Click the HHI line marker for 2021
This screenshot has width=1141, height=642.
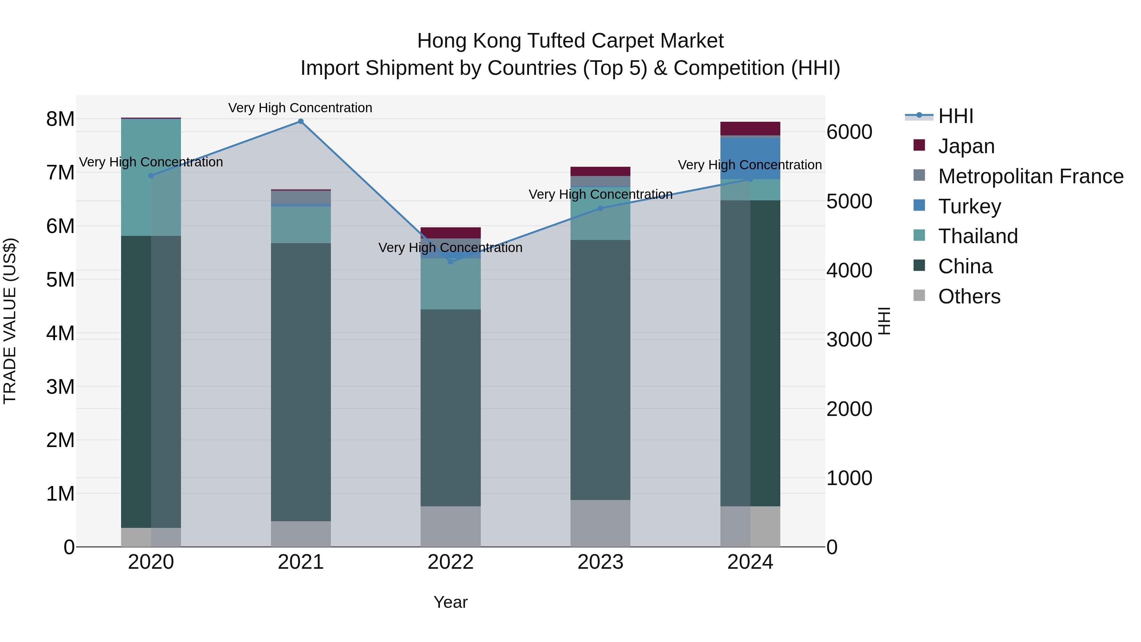(x=301, y=121)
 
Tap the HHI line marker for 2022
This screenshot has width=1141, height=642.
(x=450, y=262)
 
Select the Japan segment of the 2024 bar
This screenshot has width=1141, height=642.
(x=750, y=128)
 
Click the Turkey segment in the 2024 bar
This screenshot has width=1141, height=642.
(x=750, y=159)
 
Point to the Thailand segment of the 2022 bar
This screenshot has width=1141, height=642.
(x=450, y=283)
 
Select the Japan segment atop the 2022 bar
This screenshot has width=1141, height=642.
(x=450, y=233)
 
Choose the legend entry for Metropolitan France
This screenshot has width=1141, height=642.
(x=1030, y=176)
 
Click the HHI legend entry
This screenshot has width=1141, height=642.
(x=955, y=116)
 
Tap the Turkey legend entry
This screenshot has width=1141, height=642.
(x=969, y=206)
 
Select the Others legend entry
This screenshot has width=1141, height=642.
(x=969, y=296)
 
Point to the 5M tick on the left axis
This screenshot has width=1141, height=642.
(x=60, y=280)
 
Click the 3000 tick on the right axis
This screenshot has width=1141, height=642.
(x=849, y=340)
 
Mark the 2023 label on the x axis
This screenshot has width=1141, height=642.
(x=600, y=562)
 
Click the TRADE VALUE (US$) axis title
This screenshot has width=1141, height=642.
(x=10, y=321)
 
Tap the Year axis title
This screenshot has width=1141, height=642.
(x=450, y=602)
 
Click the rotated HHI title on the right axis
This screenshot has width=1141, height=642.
(x=884, y=321)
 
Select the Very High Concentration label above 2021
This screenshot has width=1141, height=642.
(x=300, y=108)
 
